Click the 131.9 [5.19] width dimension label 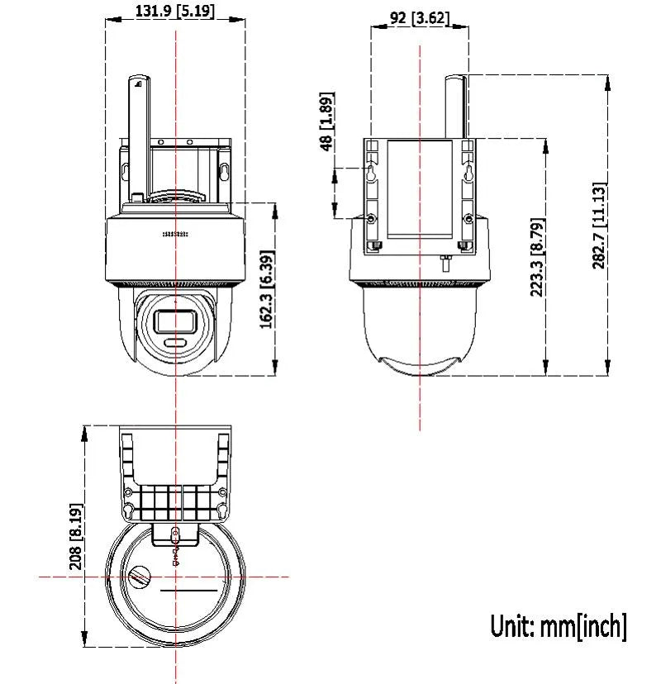[175, 10]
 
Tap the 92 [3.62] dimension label [419, 18]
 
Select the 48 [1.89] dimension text [327, 121]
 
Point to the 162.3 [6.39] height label [267, 289]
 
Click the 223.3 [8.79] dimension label [538, 257]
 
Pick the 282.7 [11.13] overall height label [600, 226]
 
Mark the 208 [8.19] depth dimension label [76, 537]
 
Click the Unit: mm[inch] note [559, 626]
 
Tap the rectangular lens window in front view [176, 322]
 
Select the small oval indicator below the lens [176, 343]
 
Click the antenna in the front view [139, 136]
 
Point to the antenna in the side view [455, 107]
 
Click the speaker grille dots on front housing [175, 235]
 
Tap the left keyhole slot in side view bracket [371, 172]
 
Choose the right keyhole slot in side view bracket [468, 172]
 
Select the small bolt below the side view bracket [445, 262]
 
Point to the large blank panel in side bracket [420, 189]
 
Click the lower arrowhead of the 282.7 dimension [607, 368]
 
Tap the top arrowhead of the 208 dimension [84, 434]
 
